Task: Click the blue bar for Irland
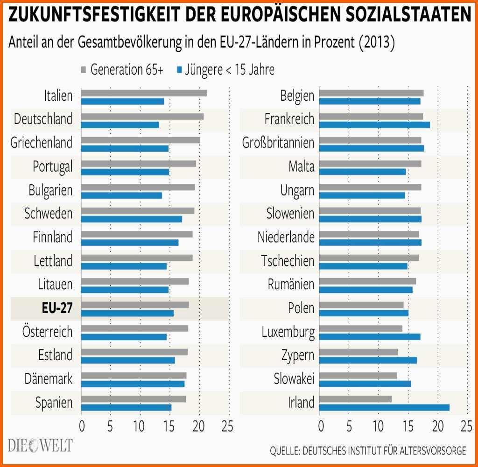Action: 385,407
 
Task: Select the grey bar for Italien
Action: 144,93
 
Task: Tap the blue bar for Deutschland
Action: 120,125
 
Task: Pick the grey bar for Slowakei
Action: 359,376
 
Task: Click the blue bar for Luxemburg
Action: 370,337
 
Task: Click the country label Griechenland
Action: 42,142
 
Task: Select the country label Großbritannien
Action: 278,142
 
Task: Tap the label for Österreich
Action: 48,332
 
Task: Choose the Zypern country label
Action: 298,355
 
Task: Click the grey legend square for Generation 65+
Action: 84,70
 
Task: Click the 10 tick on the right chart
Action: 379,426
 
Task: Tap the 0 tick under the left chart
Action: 82,426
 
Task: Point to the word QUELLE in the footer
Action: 284,451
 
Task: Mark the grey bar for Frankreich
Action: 372,117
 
